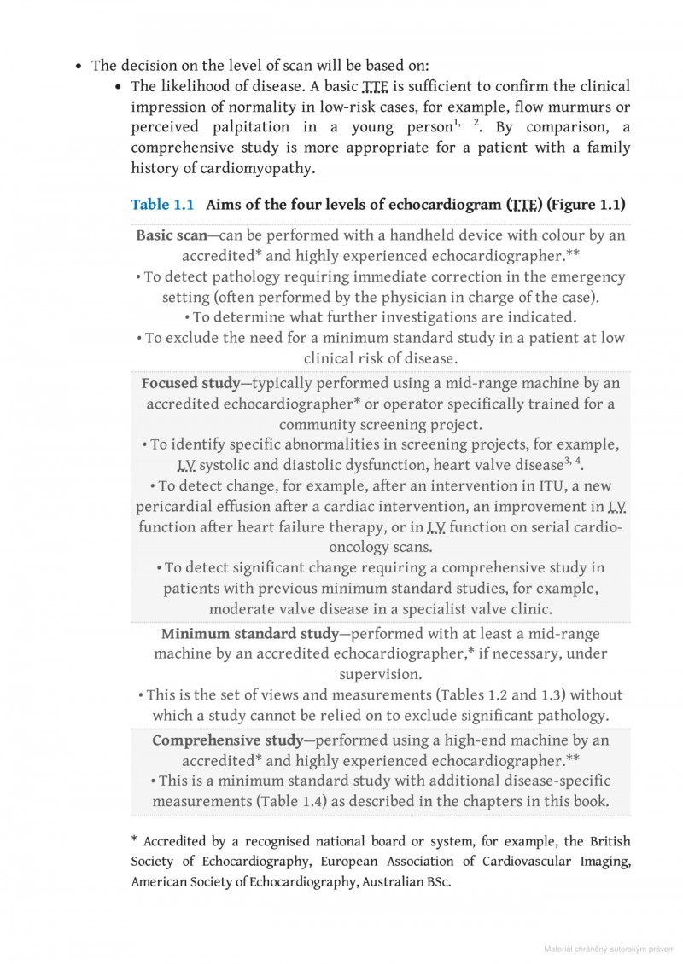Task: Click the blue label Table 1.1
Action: coord(162,205)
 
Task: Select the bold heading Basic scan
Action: coord(171,235)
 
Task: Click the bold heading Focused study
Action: coord(190,383)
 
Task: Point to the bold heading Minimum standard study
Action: coord(249,634)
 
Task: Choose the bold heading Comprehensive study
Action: coord(227,740)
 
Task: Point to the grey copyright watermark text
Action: coord(610,949)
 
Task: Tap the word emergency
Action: coord(582,277)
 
